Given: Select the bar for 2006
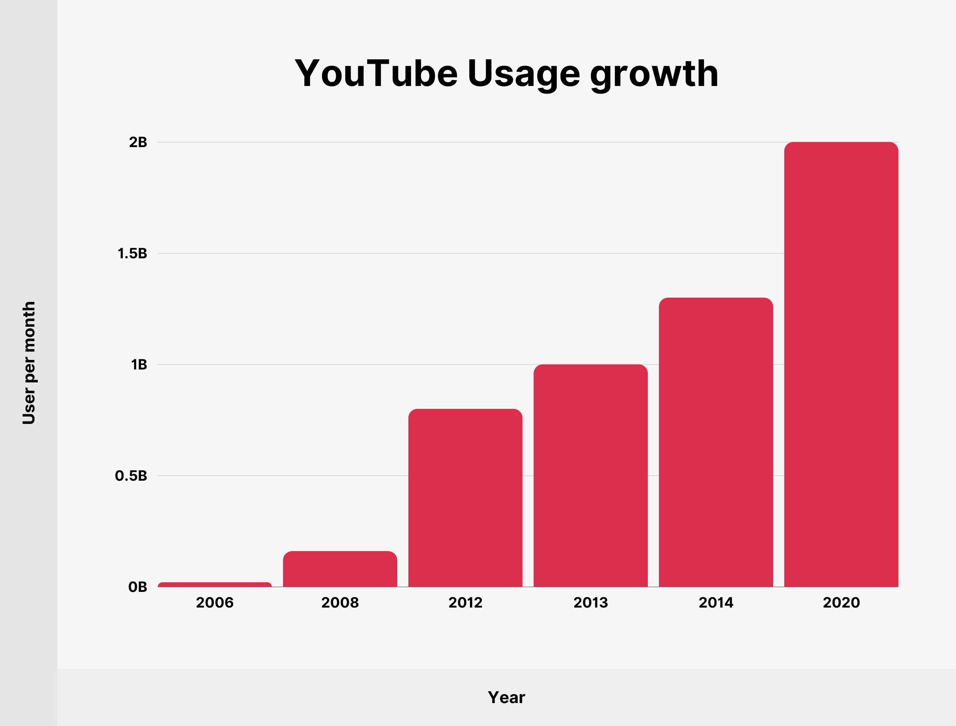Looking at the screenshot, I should tap(215, 584).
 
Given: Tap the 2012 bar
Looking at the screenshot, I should tap(465, 498).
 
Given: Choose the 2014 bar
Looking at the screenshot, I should tap(715, 442).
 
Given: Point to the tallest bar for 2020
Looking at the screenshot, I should tap(841, 364).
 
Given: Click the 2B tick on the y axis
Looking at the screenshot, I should tap(138, 142).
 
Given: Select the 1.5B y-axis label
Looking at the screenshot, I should tap(132, 254).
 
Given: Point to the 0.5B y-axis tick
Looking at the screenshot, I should tap(131, 476).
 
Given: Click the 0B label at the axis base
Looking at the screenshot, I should tap(138, 587).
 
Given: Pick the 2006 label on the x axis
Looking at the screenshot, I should tap(215, 603).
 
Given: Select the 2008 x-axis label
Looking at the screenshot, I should tap(340, 603).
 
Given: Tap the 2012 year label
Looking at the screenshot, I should tap(465, 603).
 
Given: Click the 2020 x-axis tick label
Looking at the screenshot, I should tap(841, 603).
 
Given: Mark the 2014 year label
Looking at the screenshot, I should tap(715, 603).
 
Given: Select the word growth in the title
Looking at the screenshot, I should tap(654, 75).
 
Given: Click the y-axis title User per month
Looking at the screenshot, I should tap(29, 363).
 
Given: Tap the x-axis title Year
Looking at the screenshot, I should tap(506, 697).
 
